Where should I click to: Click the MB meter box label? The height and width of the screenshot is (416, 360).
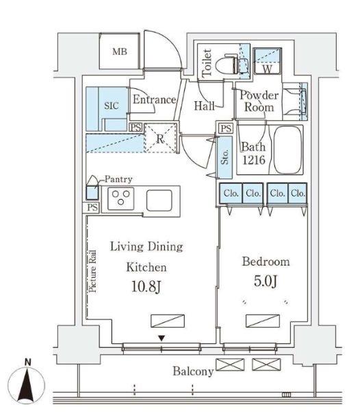click(x=120, y=51)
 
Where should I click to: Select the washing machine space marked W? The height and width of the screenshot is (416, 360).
click(x=268, y=61)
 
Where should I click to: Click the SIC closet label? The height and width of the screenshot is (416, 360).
click(x=112, y=105)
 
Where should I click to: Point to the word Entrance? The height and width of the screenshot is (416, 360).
click(x=154, y=100)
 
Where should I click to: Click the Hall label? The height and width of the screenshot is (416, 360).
click(x=204, y=106)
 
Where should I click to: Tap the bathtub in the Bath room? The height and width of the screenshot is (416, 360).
click(x=288, y=150)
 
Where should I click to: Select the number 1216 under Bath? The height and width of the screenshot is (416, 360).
click(x=254, y=159)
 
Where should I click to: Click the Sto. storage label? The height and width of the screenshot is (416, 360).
click(x=224, y=157)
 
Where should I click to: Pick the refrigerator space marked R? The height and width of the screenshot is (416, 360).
click(x=160, y=138)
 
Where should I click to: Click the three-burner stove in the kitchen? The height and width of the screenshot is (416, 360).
click(x=121, y=198)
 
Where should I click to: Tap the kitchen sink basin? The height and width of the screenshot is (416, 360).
click(x=159, y=200)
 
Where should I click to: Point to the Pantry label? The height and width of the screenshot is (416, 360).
click(x=118, y=179)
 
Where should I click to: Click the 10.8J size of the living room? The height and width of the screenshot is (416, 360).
click(x=146, y=287)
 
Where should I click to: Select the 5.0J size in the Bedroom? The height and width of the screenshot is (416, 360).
click(x=266, y=281)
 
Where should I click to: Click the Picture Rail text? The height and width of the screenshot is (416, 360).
click(x=92, y=271)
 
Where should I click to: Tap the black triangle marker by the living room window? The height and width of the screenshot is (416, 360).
click(x=162, y=338)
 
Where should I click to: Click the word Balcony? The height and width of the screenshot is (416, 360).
click(x=193, y=371)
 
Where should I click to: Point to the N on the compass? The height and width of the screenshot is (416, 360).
click(x=27, y=363)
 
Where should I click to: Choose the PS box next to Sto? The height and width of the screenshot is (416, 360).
click(x=226, y=129)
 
